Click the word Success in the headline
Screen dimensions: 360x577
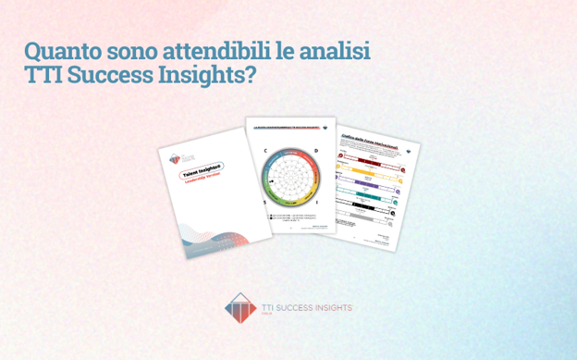tap(112, 76)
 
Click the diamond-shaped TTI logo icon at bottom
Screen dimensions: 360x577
tap(239, 308)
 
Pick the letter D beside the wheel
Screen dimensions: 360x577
tap(315, 149)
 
